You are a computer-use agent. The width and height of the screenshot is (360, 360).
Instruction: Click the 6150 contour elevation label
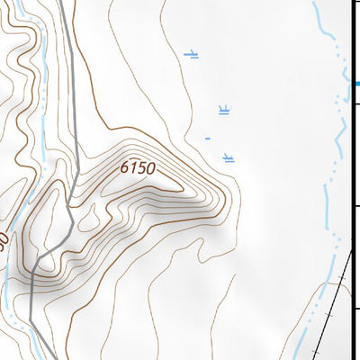137,168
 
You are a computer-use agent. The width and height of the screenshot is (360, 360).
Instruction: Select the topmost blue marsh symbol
191,55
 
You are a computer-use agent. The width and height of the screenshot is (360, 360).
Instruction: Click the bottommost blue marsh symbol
229,158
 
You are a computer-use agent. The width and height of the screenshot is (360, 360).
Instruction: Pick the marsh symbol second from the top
224,111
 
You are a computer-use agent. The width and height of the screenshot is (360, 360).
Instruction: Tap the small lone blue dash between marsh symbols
207,139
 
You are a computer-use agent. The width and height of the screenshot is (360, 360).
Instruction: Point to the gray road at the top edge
64,4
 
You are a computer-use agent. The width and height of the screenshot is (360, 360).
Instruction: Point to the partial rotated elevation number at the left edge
4,241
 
